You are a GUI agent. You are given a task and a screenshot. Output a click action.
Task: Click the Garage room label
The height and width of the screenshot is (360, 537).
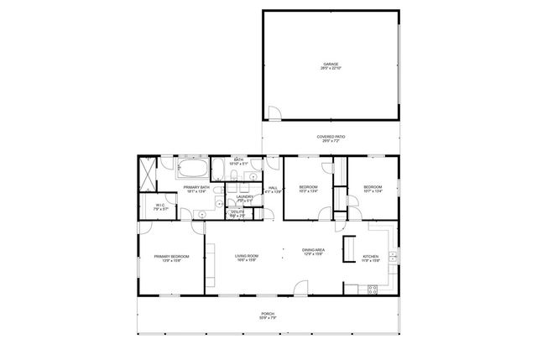(331, 64)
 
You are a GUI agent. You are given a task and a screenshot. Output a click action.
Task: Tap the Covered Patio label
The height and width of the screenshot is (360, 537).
(331, 137)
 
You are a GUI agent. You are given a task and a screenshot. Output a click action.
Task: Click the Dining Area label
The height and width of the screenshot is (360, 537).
(314, 250)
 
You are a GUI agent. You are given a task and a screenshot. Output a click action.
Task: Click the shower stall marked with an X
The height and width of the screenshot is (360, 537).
(149, 175)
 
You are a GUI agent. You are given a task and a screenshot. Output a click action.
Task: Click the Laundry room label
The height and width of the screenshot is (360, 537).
(245, 197)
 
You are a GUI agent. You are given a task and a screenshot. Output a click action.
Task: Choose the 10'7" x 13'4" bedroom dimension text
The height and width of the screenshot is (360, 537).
(373, 190)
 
